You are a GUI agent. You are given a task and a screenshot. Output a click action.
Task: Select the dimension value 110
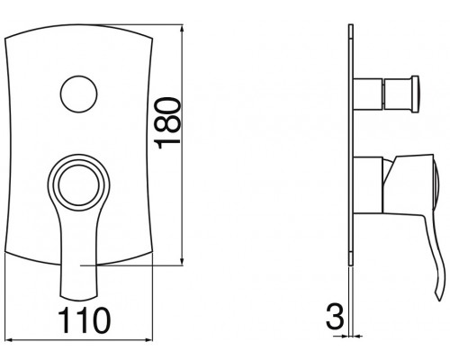(87, 319)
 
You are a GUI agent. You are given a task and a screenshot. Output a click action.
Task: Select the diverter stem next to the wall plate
(366, 92)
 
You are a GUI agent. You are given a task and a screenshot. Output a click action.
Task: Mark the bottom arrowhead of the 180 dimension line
(184, 263)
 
